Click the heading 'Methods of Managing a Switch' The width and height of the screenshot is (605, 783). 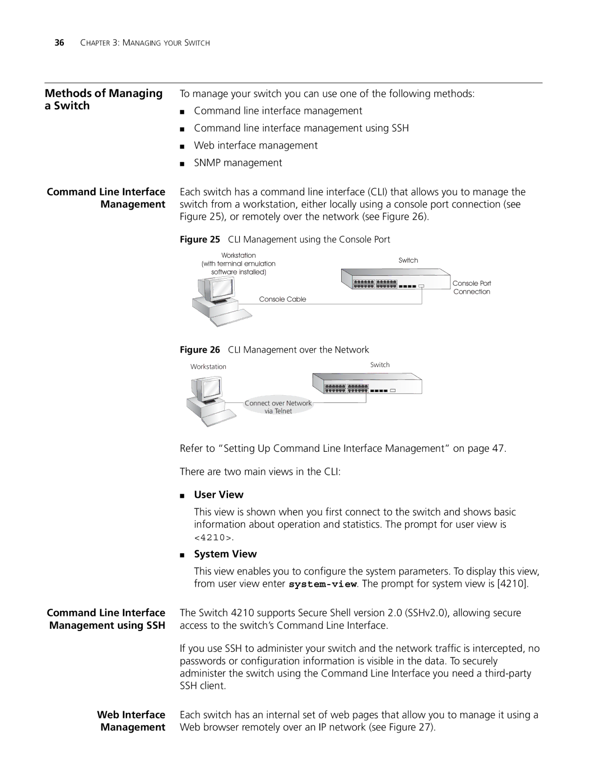[104, 99]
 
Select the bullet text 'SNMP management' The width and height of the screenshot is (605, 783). [238, 163]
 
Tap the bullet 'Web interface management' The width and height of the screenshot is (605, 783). [255, 145]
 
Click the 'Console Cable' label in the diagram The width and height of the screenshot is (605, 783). [282, 299]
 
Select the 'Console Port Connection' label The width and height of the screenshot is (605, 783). [472, 288]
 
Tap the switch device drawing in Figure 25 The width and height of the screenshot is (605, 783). [395, 280]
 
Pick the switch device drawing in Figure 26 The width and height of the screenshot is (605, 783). [366, 383]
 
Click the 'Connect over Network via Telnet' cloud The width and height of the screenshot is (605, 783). [278, 407]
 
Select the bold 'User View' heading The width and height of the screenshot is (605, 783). [218, 494]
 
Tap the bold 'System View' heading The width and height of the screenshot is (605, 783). [225, 554]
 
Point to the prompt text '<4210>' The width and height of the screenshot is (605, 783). [213, 538]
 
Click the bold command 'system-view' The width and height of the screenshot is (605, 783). [323, 584]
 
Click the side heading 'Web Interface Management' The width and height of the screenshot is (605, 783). [131, 721]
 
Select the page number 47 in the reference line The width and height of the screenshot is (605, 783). [498, 448]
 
